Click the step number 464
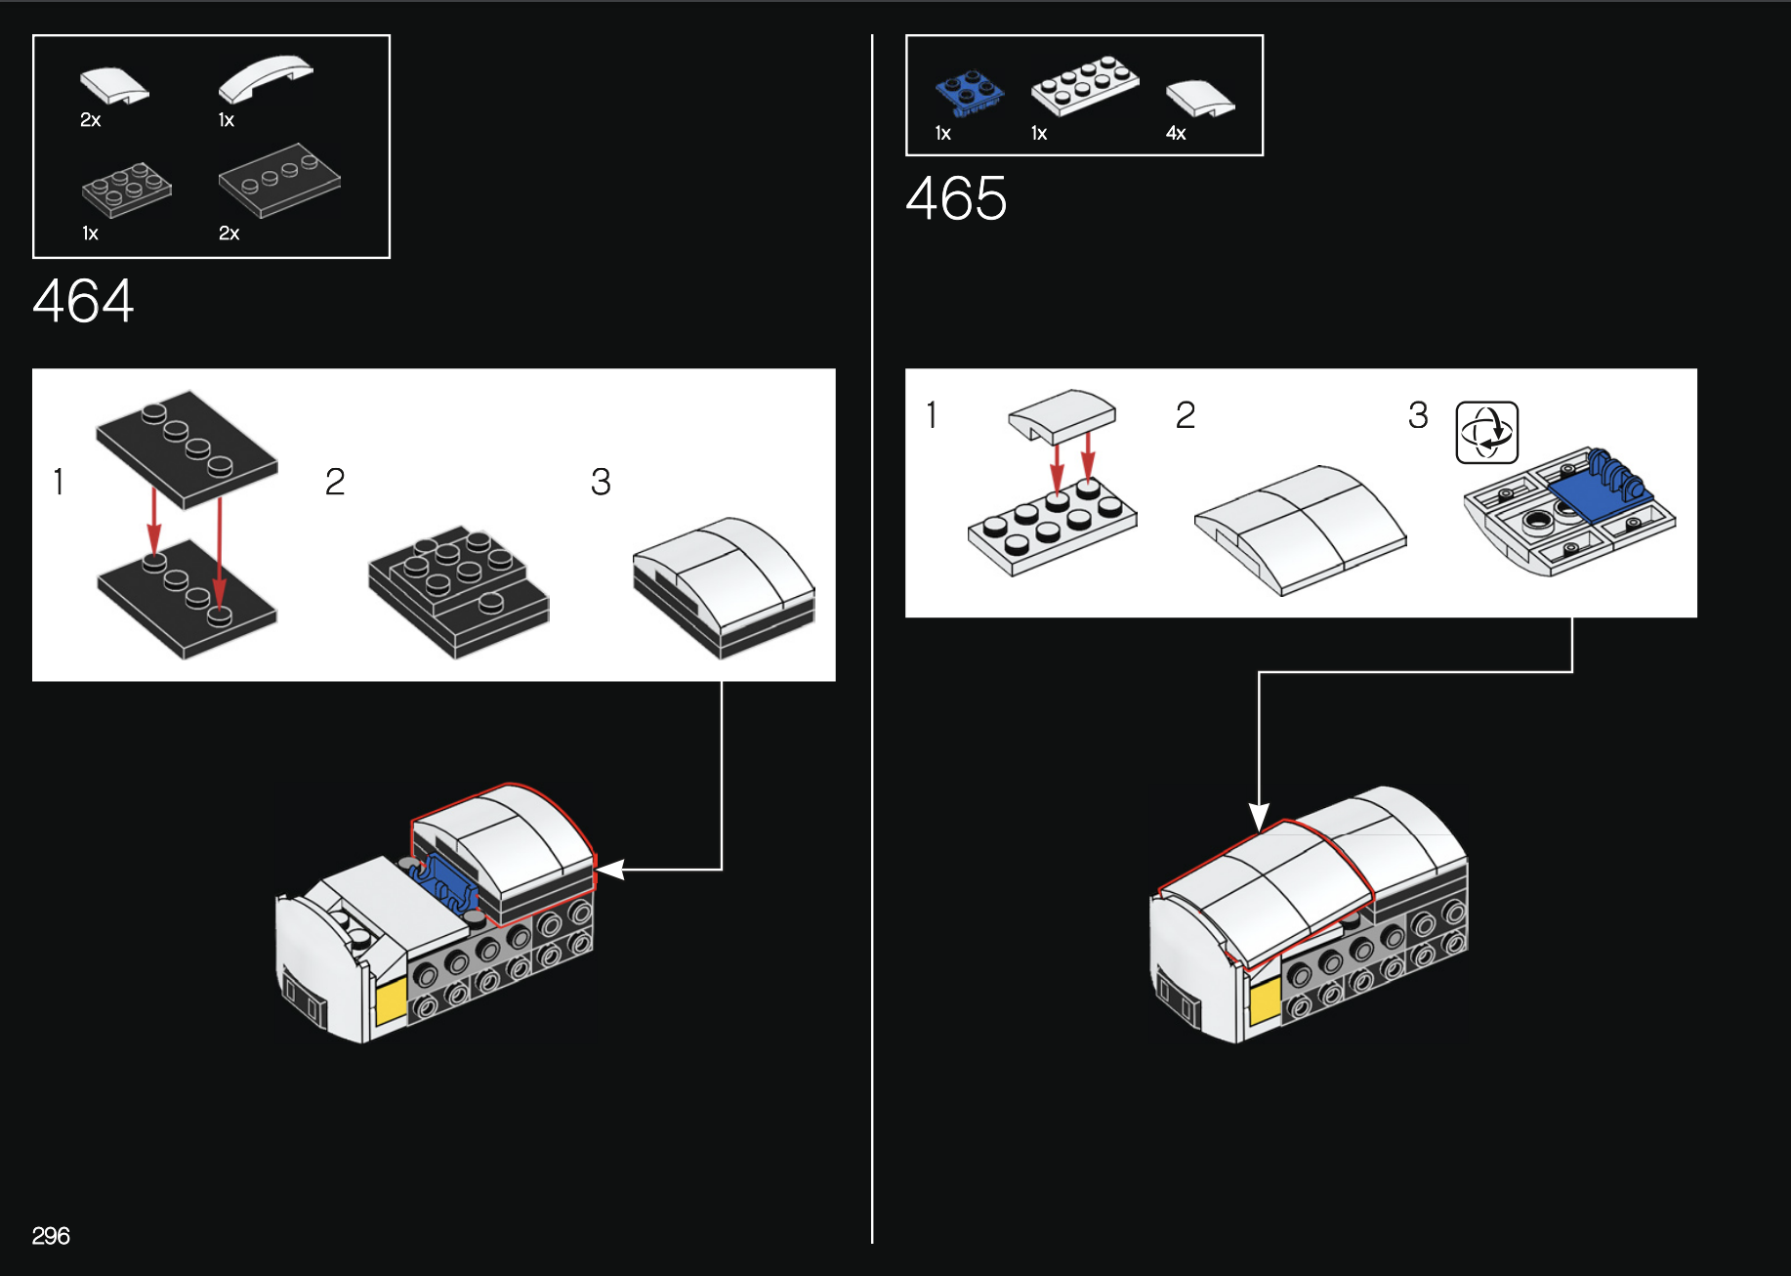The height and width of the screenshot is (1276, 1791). pos(83,300)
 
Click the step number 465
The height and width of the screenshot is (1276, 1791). pos(956,198)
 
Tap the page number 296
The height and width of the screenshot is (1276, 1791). pos(51,1236)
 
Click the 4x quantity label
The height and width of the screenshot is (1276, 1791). pos(1176,133)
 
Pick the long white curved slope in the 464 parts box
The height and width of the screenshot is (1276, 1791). pos(266,77)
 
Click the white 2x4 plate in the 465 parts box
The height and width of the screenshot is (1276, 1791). pos(1085,85)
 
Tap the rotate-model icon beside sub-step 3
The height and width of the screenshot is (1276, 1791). pos(1487,432)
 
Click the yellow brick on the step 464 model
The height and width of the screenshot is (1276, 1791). pos(391,1001)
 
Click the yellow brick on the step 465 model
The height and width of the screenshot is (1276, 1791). pos(1265,1002)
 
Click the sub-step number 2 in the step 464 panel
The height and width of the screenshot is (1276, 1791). pos(335,482)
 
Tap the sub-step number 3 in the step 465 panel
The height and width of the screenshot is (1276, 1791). pos(1418,415)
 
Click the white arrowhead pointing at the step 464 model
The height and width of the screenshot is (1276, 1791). pos(610,869)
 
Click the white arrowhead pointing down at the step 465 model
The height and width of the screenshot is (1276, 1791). pos(1259,818)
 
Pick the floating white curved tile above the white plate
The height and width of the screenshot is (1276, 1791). pos(1062,414)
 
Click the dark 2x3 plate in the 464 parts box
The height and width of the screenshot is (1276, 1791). pos(127,189)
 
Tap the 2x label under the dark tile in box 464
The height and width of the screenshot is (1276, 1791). pos(229,234)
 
